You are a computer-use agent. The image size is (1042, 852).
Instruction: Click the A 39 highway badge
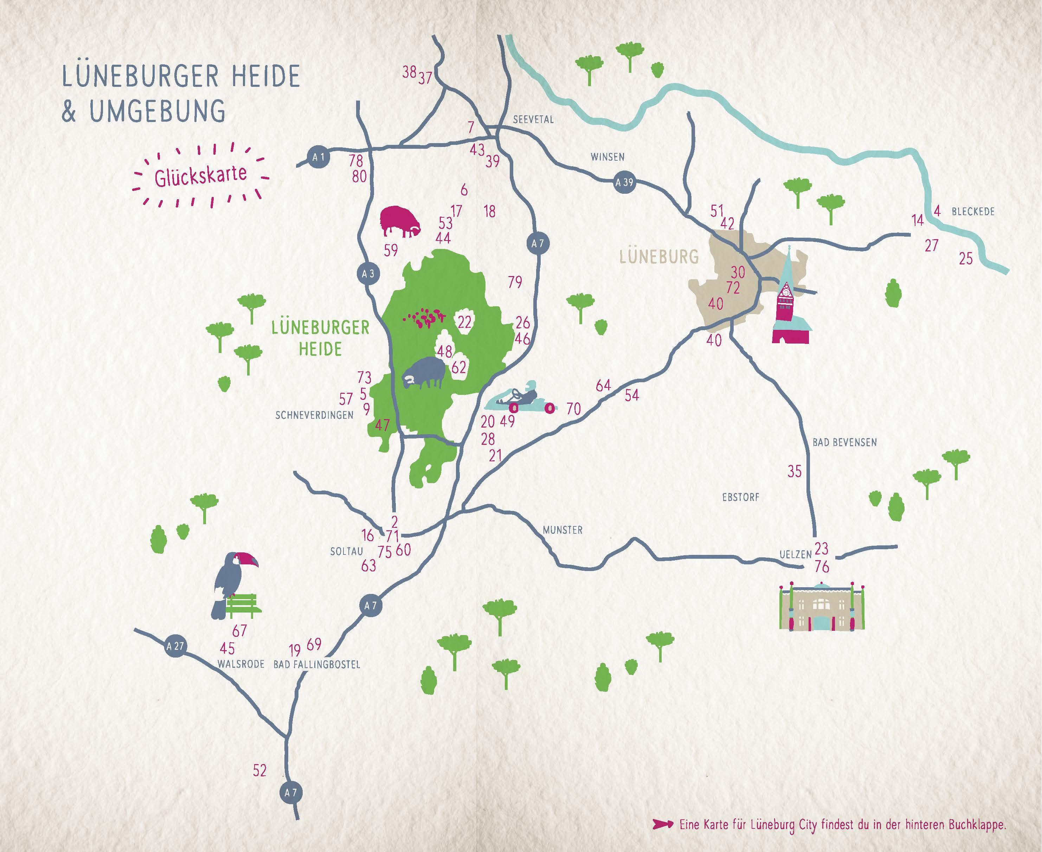624,182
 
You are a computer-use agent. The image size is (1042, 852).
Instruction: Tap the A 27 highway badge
175,646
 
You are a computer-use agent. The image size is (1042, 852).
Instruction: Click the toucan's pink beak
248,559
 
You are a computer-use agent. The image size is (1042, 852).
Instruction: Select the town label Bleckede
973,212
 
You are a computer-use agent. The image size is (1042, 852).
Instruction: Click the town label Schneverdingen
314,415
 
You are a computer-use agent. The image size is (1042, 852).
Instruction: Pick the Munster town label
562,530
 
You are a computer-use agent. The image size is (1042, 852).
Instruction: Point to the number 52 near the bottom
259,770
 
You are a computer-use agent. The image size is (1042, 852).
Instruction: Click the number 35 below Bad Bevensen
794,471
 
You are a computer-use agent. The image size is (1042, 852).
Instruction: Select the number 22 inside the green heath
464,322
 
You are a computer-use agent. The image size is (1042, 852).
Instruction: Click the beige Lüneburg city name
659,257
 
